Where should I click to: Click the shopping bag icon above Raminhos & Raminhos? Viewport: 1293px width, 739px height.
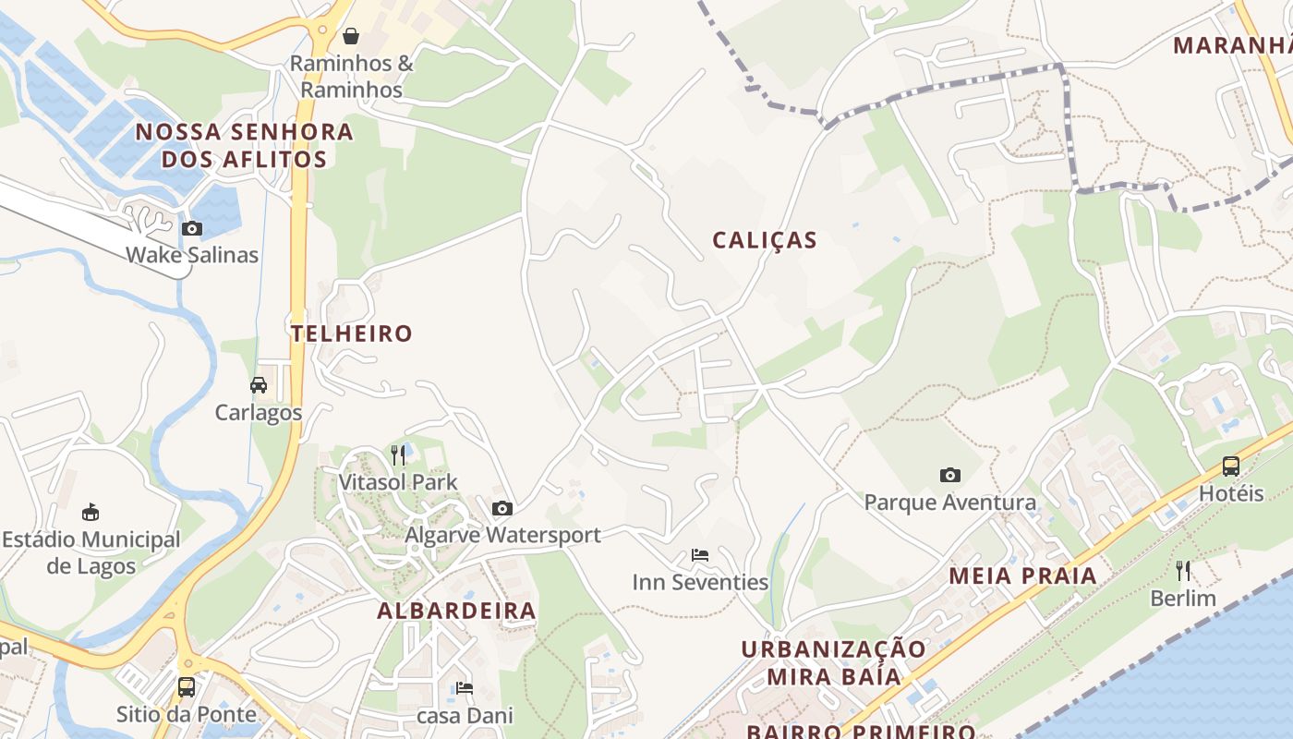coord(351,36)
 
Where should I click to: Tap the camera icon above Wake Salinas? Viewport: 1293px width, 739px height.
coord(192,228)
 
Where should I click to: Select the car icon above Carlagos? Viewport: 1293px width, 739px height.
coord(259,385)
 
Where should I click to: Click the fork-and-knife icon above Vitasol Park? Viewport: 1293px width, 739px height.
coord(398,454)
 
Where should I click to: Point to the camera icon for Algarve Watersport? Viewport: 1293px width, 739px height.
coord(502,508)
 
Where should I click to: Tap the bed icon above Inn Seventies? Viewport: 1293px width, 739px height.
coord(700,555)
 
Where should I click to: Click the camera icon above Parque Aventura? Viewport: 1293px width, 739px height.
coord(949,476)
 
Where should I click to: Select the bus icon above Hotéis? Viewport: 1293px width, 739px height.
coord(1231,466)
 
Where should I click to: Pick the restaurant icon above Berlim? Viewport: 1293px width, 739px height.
coord(1183,571)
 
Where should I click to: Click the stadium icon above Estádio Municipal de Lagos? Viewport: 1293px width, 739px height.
coord(91,512)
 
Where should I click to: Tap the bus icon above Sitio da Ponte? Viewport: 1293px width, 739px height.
coord(187,687)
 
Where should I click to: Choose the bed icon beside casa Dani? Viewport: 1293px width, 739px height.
coord(465,688)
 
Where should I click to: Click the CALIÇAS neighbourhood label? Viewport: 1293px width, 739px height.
coord(765,241)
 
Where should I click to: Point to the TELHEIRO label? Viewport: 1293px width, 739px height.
coord(352,333)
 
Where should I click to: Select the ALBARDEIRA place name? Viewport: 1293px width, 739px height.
coord(456,611)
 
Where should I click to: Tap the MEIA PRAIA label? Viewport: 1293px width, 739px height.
coord(1023,576)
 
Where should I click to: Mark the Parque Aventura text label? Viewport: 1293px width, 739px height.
coord(949,503)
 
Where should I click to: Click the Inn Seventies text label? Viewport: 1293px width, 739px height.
coord(700,582)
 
